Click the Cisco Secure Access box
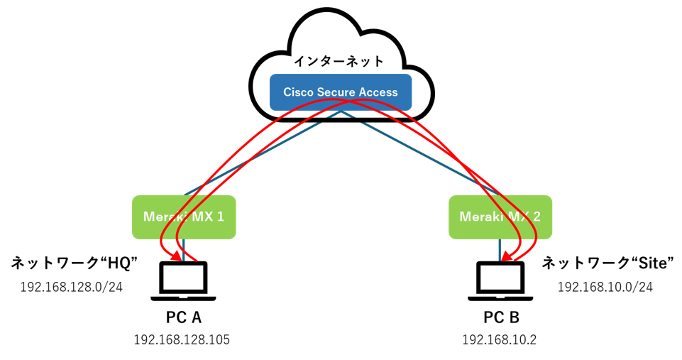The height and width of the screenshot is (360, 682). click(x=341, y=92)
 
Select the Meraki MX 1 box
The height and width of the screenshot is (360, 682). click(x=184, y=217)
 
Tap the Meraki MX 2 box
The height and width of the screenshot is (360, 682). click(x=500, y=217)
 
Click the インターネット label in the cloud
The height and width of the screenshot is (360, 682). click(x=340, y=62)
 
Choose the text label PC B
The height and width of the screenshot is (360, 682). click(x=500, y=316)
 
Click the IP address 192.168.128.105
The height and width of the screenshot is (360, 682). click(x=182, y=339)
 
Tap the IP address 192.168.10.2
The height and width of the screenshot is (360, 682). click(x=499, y=339)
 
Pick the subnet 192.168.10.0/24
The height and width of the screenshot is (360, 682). click(x=605, y=287)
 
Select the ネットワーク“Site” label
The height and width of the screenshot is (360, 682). click(x=608, y=264)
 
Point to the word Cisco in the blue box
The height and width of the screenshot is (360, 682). click(x=298, y=92)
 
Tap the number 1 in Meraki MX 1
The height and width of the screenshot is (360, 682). click(x=220, y=217)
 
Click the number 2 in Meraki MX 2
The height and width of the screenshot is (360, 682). click(x=537, y=217)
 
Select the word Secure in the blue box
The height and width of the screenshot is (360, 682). click(x=336, y=92)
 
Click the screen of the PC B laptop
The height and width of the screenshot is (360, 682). click(x=500, y=278)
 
